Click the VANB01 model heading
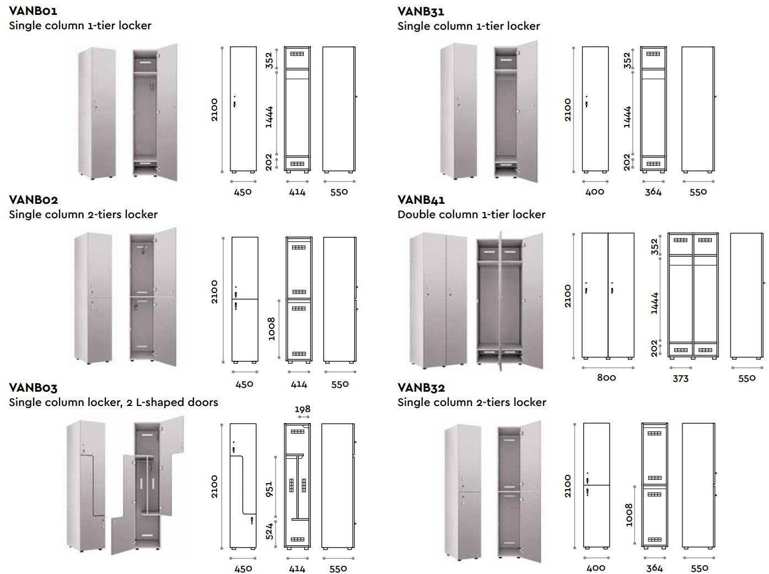[33, 10]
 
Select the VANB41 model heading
[421, 199]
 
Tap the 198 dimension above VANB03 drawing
[303, 409]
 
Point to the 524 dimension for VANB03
[270, 531]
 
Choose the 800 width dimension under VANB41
[606, 377]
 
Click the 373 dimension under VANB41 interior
[680, 378]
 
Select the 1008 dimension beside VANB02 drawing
[271, 328]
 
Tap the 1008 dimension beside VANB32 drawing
[629, 515]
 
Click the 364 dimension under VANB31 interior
[653, 192]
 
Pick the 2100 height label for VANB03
[214, 486]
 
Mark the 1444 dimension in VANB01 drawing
[269, 117]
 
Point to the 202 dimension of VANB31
[627, 162]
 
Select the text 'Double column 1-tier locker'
[471, 214]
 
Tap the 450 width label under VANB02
[244, 384]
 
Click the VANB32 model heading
[421, 388]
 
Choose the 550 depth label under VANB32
[699, 568]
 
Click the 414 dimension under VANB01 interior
[297, 192]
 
